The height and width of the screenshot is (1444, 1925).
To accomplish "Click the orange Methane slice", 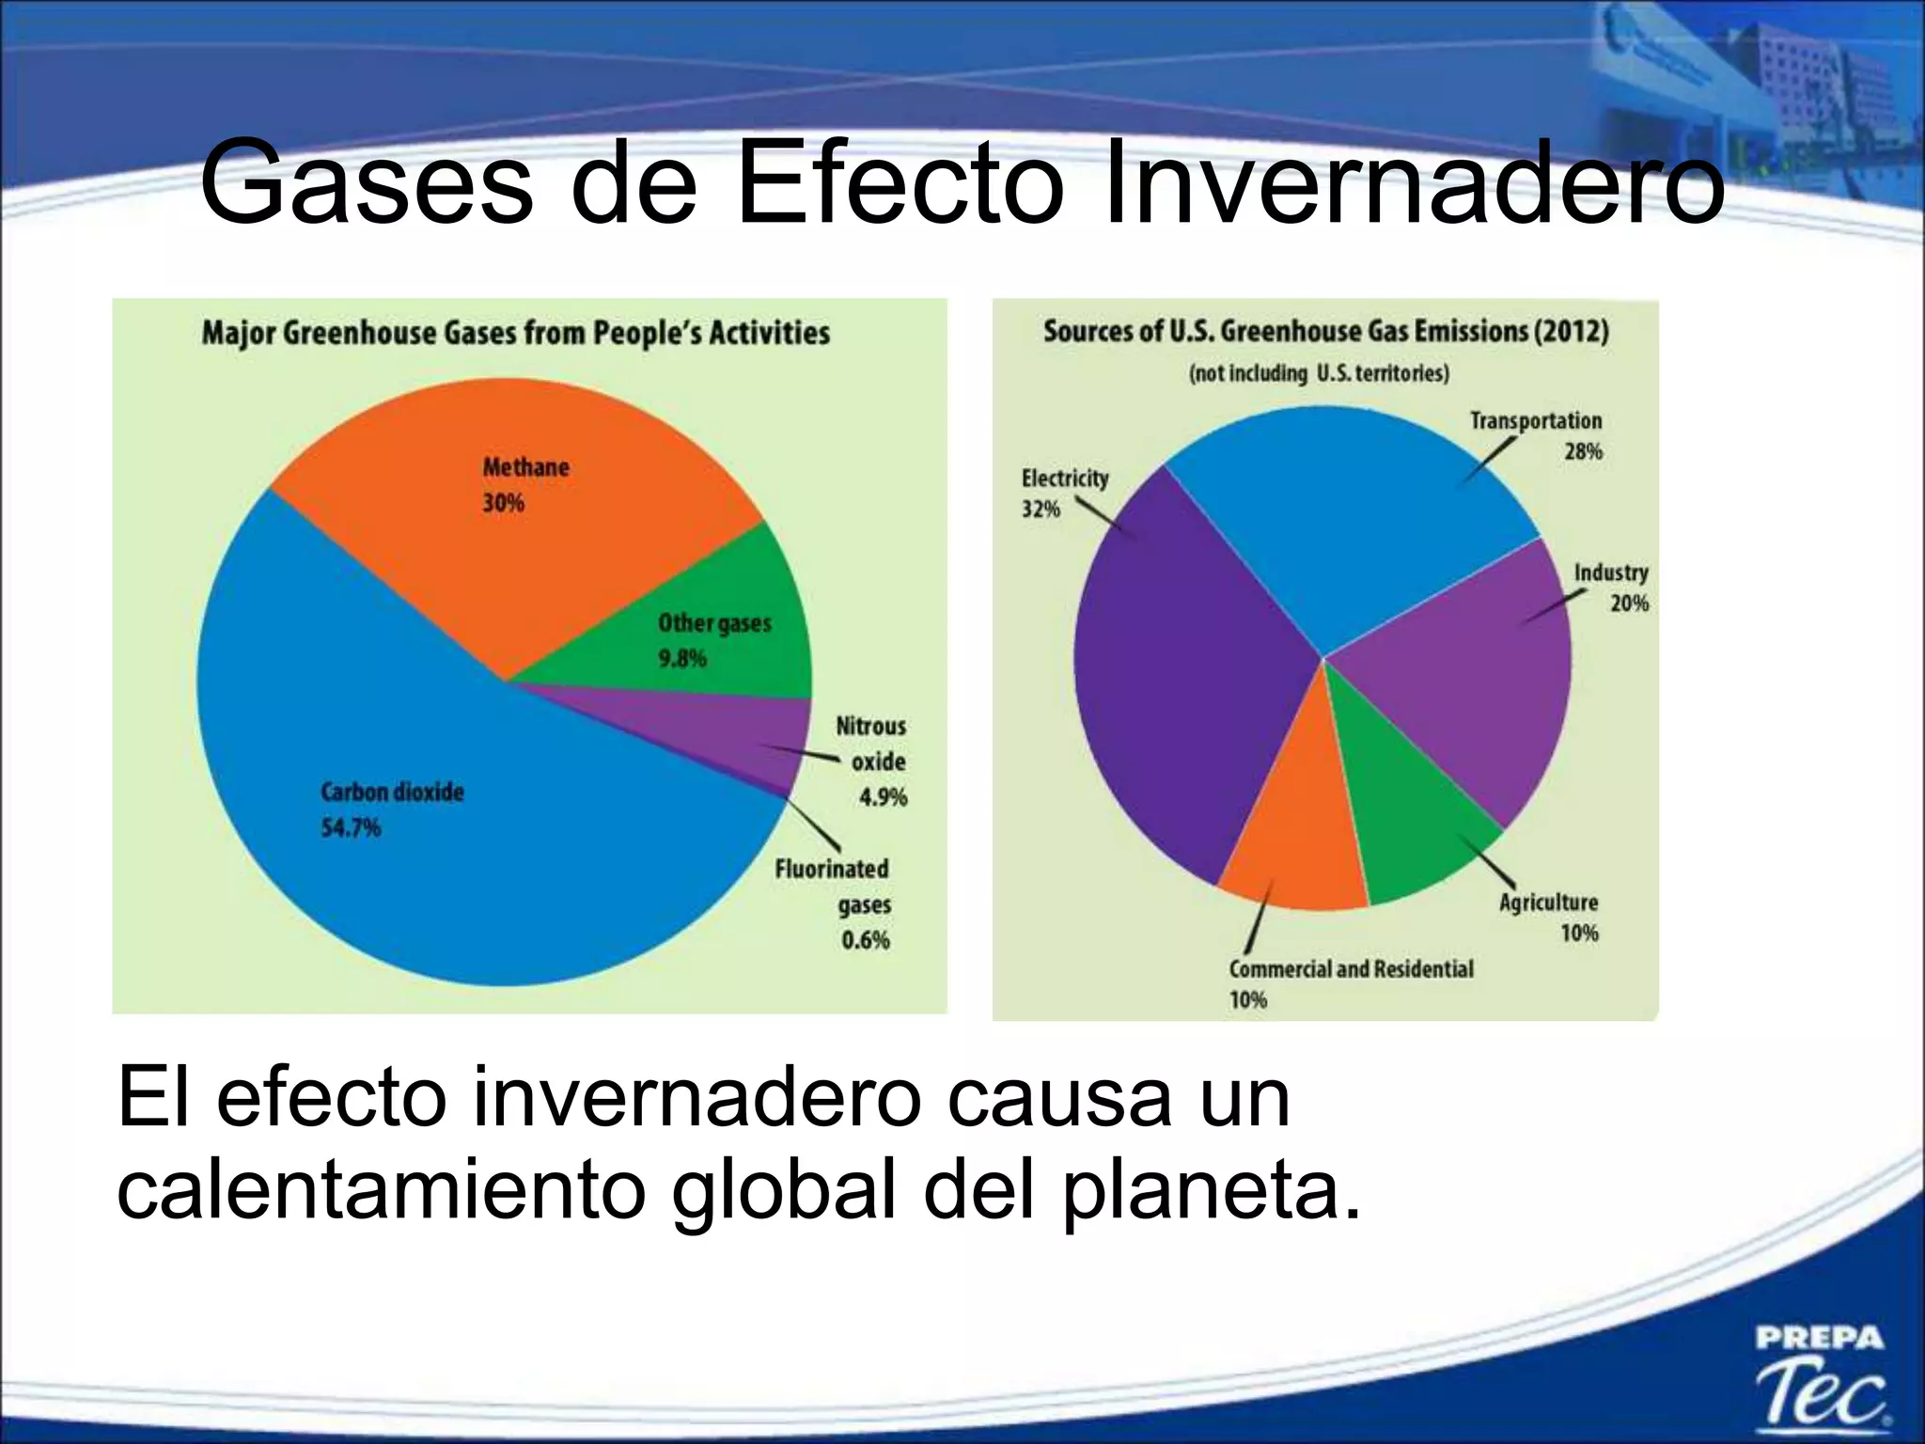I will click(x=526, y=526).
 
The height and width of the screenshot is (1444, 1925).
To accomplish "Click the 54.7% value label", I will click(x=351, y=828).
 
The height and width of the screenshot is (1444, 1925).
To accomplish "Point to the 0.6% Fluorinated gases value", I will click(x=865, y=940).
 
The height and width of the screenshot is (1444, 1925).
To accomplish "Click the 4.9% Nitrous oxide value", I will click(x=883, y=798).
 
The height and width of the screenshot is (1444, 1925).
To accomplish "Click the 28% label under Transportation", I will click(x=1583, y=452).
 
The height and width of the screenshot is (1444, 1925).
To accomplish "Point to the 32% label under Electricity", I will click(x=1041, y=510).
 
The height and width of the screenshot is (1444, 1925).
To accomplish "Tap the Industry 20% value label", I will click(x=1629, y=604).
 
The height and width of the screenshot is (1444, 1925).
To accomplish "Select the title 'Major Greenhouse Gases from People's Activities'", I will click(x=516, y=333).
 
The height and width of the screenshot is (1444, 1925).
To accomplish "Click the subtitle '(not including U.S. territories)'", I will click(x=1319, y=373).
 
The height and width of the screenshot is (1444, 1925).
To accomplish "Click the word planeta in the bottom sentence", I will click(x=1213, y=1192).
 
